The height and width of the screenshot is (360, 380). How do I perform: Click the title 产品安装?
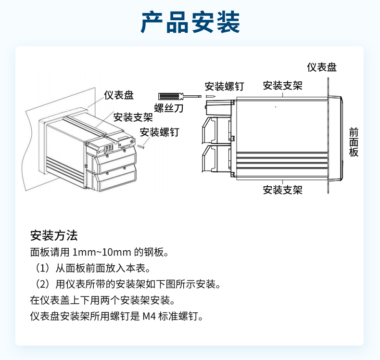pos(190,22)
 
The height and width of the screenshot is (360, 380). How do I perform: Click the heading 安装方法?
pos(54,235)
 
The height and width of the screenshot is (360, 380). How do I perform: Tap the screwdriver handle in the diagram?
pos(170,96)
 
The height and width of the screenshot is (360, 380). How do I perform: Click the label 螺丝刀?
pos(169,108)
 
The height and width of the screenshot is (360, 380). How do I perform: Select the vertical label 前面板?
pos(354,142)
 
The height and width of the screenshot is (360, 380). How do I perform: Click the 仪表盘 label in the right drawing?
pos(322,67)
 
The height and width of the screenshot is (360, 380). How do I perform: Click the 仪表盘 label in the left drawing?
pos(119,95)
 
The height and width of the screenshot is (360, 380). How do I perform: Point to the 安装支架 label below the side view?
pos(282,190)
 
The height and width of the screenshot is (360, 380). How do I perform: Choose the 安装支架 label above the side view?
pos(282,86)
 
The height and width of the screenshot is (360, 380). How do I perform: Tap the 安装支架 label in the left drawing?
pos(133,117)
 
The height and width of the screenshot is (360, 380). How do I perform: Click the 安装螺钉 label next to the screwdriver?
pos(225,87)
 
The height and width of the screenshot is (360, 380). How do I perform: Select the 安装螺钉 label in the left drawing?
pos(160,132)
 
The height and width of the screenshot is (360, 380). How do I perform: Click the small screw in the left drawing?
pos(141,146)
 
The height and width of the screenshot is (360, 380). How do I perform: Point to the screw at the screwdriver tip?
pos(211,96)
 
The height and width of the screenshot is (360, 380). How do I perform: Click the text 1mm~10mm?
pos(102,252)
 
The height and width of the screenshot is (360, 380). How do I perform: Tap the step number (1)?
pos(43,268)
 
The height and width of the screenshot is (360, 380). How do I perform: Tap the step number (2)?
pos(43,284)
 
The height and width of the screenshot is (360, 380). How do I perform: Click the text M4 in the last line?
pos(149,316)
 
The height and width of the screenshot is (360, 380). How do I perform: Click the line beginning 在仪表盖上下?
pos(102,300)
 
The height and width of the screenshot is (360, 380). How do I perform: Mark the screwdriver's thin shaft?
pos(191,96)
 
